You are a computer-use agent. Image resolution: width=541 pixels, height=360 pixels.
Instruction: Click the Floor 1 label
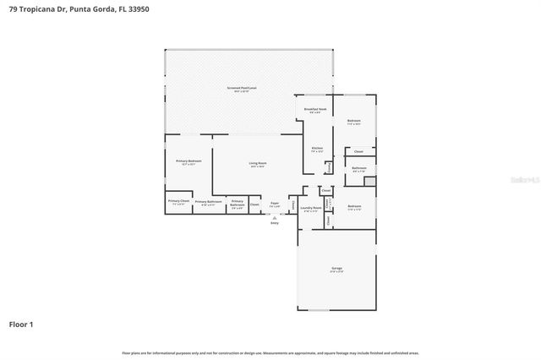click(x=21, y=324)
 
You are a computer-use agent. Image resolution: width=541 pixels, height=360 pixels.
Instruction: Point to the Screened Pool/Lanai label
click(x=247, y=88)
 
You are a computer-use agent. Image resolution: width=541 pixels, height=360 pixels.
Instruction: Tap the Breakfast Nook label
click(x=315, y=110)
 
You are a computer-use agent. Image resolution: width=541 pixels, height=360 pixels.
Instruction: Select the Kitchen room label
click(x=317, y=149)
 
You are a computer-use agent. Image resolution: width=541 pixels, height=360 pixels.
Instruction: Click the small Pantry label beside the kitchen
click(x=329, y=168)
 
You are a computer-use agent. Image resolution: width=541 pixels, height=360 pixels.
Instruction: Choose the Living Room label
click(x=258, y=163)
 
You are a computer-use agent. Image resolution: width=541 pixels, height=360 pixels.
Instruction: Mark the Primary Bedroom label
click(x=188, y=161)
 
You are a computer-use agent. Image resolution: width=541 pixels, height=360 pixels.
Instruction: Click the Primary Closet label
click(x=178, y=201)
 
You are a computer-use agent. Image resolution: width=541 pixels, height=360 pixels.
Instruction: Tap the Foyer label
click(x=275, y=203)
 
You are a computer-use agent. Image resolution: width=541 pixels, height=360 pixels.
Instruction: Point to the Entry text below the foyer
click(x=274, y=222)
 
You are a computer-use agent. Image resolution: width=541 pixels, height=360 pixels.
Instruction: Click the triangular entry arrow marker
click(x=274, y=216)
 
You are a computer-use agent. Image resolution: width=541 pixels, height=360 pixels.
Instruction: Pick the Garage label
click(x=336, y=268)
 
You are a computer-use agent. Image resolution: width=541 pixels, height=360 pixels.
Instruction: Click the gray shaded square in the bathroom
click(x=369, y=181)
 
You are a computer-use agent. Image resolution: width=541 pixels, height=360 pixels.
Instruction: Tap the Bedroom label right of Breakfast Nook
click(x=354, y=121)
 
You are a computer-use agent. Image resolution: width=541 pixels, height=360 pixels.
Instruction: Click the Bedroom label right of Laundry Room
click(x=354, y=206)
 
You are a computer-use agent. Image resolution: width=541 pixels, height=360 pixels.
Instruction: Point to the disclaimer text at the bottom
click(x=270, y=352)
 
